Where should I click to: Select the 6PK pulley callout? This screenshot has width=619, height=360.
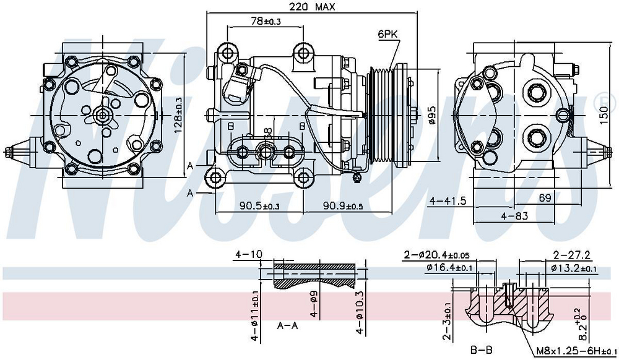pos(387,35)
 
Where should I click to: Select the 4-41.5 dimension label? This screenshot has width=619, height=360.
pos(449,201)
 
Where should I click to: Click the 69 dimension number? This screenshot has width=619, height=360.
pos(545,199)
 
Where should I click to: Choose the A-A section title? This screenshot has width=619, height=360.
pos(288,326)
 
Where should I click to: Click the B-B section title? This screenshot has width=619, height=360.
pos(480,350)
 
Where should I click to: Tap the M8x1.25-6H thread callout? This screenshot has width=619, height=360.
pos(569,350)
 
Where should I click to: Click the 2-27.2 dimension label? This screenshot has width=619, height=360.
pos(571,254)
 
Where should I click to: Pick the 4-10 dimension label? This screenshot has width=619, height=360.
pos(249,254)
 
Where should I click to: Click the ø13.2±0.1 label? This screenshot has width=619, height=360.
pos(573,268)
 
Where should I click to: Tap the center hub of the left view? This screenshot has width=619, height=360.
pos(103,114)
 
